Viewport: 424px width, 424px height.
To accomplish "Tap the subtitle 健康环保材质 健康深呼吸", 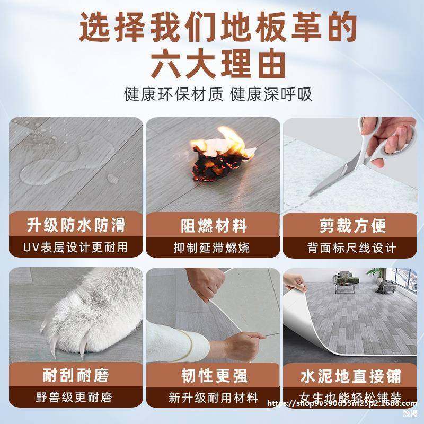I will click(x=217, y=95).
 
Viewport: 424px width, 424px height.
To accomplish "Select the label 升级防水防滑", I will click(x=76, y=226).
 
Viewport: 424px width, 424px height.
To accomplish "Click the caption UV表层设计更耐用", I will click(x=76, y=248).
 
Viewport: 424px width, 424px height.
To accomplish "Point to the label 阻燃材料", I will click(x=213, y=226).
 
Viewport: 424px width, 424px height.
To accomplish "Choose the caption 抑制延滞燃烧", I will click(x=213, y=248).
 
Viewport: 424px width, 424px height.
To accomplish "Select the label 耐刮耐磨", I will click(x=76, y=376).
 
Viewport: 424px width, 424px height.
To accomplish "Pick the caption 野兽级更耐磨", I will click(x=76, y=397).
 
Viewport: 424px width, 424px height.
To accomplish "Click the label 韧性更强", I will click(x=213, y=376).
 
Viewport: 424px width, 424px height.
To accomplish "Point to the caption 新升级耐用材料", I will click(x=213, y=397).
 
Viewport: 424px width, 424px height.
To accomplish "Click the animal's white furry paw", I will click(x=85, y=313).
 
